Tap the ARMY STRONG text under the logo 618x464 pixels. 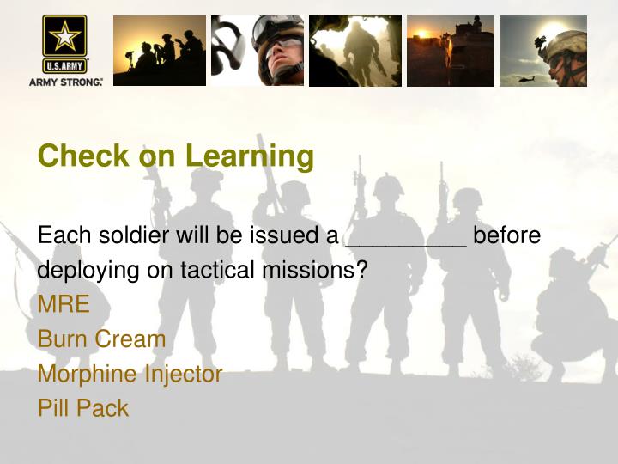click(x=66, y=82)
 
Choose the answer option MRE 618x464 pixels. click(x=63, y=303)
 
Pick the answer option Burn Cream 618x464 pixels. click(x=101, y=339)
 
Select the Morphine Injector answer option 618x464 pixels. click(x=130, y=374)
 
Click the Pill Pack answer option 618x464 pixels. click(x=82, y=408)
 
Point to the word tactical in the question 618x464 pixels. click(x=221, y=270)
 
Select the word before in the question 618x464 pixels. click(x=507, y=235)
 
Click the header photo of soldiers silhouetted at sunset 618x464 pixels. click(x=160, y=50)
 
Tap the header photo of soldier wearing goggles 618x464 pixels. click(x=257, y=50)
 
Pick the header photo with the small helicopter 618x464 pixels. click(x=542, y=50)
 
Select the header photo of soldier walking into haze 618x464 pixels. click(x=354, y=50)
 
